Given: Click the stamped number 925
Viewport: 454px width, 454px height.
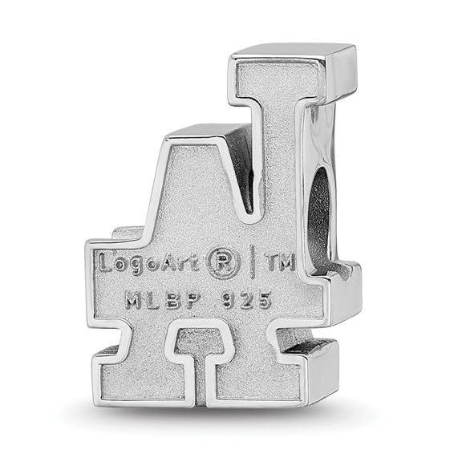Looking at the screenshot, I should pyautogui.click(x=244, y=301).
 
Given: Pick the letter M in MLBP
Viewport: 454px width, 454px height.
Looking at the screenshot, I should pyautogui.click(x=132, y=301).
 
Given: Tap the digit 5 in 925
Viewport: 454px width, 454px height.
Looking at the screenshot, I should pyautogui.click(x=264, y=301).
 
